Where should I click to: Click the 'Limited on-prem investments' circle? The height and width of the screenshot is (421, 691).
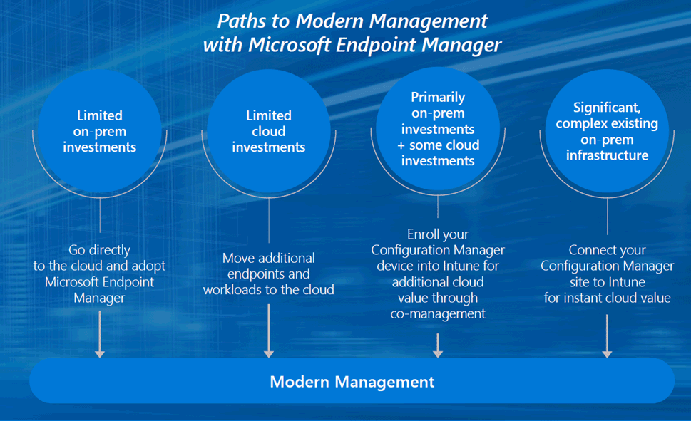pyautogui.click(x=99, y=132)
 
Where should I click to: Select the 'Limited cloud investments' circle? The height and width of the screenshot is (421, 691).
pyautogui.click(x=269, y=132)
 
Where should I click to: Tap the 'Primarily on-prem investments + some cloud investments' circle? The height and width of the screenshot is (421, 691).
pyautogui.click(x=438, y=129)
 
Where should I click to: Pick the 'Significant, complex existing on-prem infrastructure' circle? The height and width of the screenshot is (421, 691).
pyautogui.click(x=607, y=132)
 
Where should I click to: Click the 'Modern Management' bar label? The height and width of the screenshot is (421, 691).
pyautogui.click(x=352, y=382)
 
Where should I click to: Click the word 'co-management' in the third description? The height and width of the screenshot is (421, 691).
pyautogui.click(x=438, y=313)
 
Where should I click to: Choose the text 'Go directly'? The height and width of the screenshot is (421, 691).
pyautogui.click(x=99, y=250)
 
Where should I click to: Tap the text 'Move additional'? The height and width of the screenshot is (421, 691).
pyautogui.click(x=269, y=258)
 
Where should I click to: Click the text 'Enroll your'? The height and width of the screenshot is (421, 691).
pyautogui.click(x=438, y=234)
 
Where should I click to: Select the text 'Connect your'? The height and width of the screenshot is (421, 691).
pyautogui.click(x=607, y=250)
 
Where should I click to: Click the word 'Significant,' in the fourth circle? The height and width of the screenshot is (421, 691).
pyautogui.click(x=607, y=108)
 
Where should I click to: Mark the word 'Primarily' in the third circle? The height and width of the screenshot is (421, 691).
pyautogui.click(x=438, y=97)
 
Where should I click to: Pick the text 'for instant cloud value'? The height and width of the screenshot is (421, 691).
pyautogui.click(x=607, y=298)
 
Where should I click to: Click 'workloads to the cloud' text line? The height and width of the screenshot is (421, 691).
pyautogui.click(x=269, y=290)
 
